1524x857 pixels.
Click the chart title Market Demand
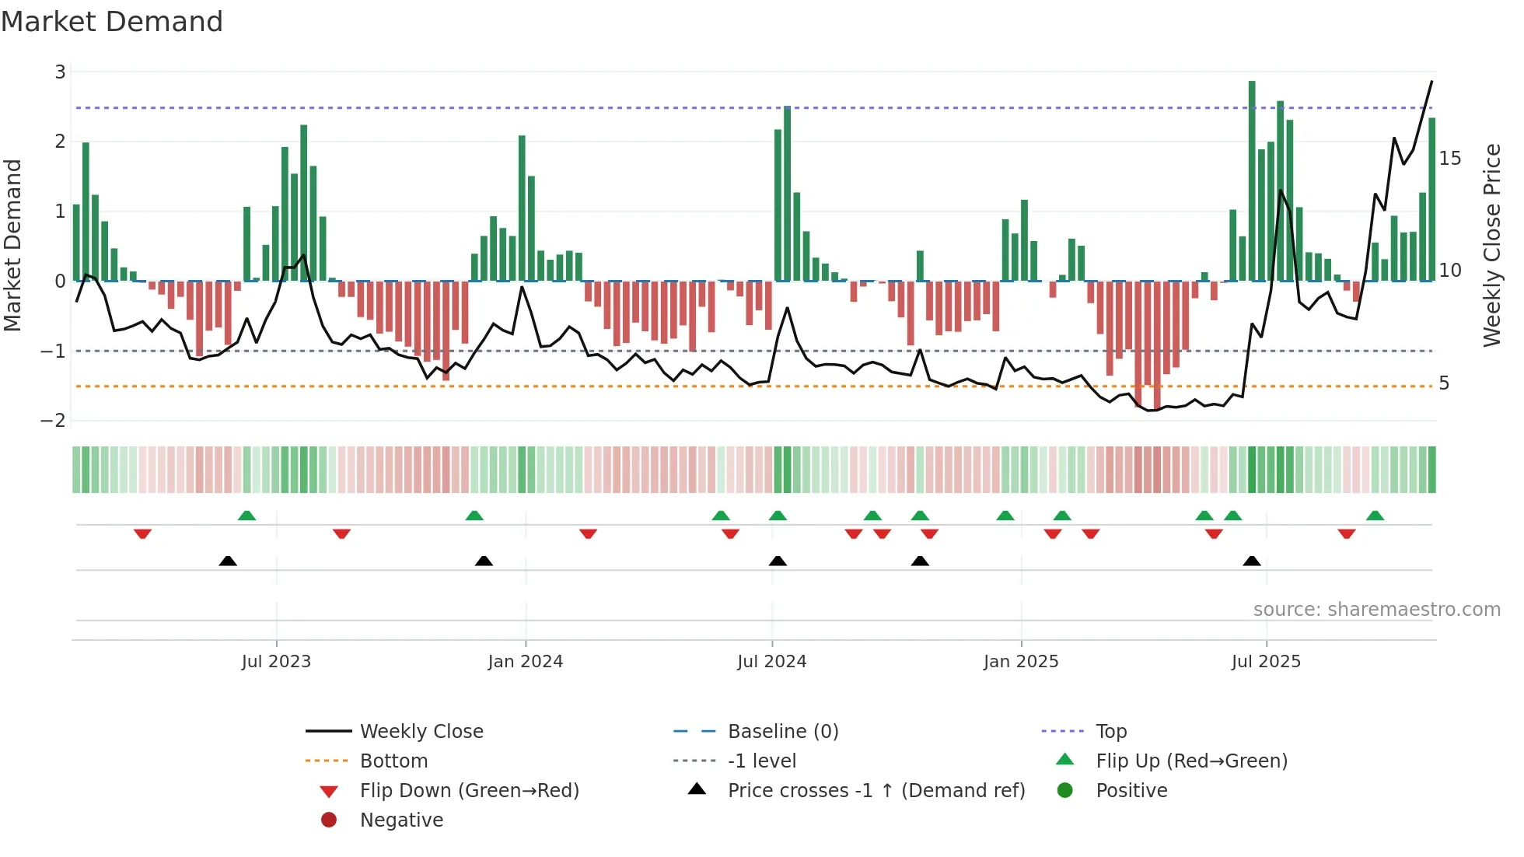click(x=112, y=22)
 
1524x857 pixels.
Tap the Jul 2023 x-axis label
click(x=276, y=662)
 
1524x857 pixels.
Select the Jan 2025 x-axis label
click(x=1020, y=662)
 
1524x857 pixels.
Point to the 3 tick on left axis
click(x=60, y=72)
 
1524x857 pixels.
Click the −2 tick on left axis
click(x=54, y=421)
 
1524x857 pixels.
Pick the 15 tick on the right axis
click(x=1449, y=159)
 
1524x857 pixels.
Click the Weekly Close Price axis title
click(x=1491, y=245)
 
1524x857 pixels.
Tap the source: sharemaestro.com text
click(x=1376, y=610)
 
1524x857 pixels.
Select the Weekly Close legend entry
click(x=421, y=732)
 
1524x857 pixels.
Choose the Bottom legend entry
click(x=393, y=761)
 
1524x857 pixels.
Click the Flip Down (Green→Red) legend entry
click(x=469, y=791)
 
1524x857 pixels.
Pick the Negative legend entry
click(x=401, y=820)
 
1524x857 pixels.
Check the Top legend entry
click(x=1110, y=732)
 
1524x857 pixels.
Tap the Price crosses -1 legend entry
click(x=876, y=791)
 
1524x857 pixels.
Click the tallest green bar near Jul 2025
click(x=1252, y=180)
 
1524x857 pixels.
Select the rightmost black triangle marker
click(x=1252, y=561)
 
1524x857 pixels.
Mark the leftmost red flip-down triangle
click(x=142, y=533)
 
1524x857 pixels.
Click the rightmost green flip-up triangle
click(x=1375, y=516)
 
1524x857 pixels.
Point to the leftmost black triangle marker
click(x=228, y=561)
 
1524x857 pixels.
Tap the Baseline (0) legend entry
click(x=782, y=732)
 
